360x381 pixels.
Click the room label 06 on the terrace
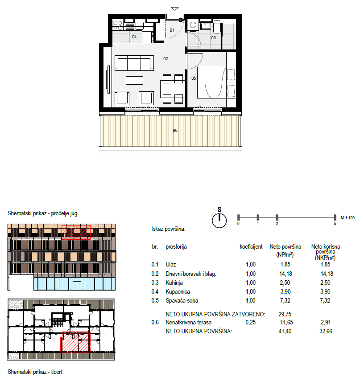point(175,131)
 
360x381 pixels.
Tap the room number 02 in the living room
point(166,59)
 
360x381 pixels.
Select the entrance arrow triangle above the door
point(175,9)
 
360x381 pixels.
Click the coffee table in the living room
point(134,80)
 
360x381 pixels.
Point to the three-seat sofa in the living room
point(134,63)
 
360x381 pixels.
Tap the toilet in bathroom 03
point(217,28)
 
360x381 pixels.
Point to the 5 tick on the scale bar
point(335,217)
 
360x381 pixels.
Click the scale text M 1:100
point(348,218)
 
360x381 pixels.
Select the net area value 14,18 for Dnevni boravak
point(286,274)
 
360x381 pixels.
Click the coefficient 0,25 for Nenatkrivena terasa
point(251,323)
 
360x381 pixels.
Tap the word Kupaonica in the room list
point(178,292)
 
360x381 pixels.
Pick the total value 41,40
point(285,331)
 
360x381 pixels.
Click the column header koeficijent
point(251,247)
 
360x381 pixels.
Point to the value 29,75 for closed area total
point(285,314)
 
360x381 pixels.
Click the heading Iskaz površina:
point(168,229)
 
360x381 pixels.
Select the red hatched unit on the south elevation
point(76,232)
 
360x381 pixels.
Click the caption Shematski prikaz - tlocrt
point(35,372)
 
